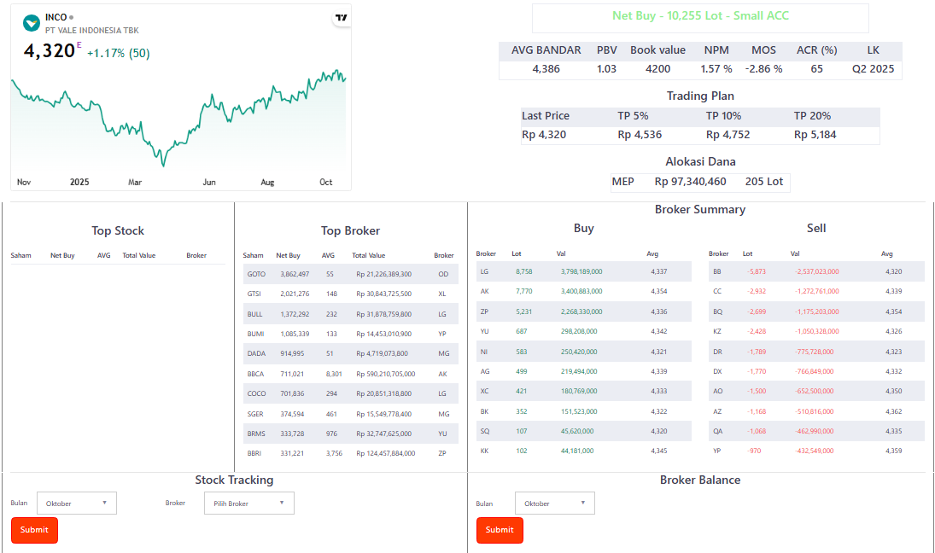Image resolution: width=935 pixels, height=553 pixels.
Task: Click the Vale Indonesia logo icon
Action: (32, 23)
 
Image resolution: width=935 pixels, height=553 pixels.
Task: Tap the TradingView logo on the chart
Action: (341, 18)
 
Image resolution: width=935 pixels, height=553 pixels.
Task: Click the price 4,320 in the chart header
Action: (50, 51)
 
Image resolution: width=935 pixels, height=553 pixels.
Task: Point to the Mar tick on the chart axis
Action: (135, 182)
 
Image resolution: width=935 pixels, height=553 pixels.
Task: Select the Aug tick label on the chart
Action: (267, 182)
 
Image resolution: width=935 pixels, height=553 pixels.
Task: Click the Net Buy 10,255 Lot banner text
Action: (700, 16)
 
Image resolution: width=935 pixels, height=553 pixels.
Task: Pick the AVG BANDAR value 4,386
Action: (546, 69)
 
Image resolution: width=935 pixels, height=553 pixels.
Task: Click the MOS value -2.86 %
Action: (763, 69)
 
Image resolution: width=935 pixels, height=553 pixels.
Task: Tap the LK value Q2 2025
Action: (873, 69)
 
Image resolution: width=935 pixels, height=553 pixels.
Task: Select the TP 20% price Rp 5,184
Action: (815, 135)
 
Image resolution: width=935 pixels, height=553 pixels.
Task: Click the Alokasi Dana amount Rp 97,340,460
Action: (690, 182)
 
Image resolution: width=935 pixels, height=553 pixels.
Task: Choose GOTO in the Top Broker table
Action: (255, 274)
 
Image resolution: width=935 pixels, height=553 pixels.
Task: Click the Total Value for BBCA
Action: (385, 373)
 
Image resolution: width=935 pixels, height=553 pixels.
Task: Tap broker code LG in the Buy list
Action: (484, 271)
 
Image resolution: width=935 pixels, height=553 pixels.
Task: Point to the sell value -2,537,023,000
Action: (816, 271)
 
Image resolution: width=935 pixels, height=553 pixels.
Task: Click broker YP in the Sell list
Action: (717, 451)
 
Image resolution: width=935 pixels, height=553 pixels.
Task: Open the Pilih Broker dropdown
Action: (249, 504)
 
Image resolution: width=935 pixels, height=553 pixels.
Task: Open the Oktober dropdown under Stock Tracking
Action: (76, 504)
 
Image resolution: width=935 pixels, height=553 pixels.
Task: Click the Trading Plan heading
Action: (700, 96)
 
